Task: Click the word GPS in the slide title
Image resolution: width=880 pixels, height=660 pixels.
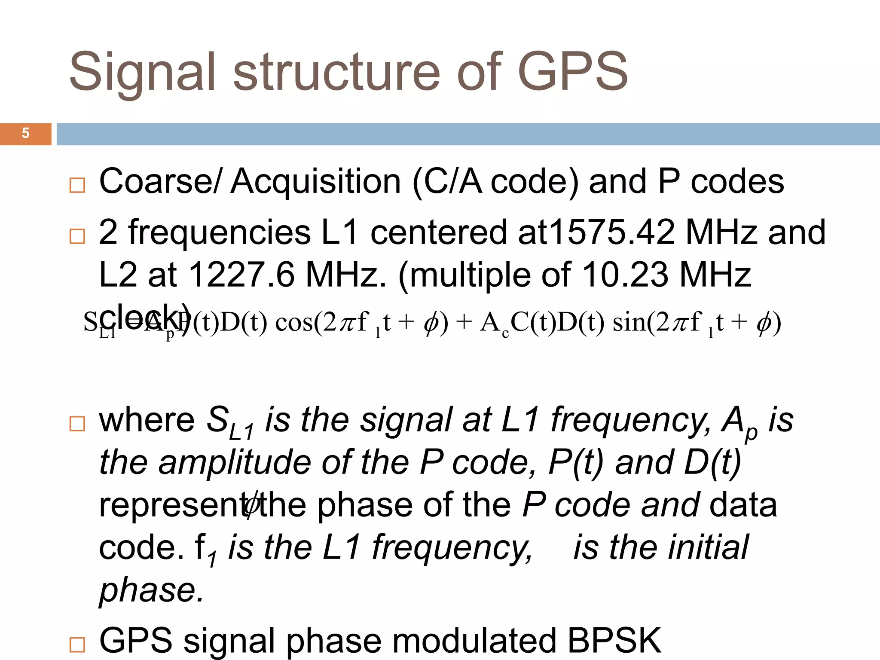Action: (573, 72)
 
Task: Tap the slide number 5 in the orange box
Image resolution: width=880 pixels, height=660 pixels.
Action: (25, 133)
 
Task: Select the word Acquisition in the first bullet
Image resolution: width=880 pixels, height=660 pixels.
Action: (316, 182)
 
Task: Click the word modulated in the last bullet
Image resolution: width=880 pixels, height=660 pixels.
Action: (474, 640)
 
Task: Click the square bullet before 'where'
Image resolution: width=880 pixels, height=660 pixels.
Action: (77, 424)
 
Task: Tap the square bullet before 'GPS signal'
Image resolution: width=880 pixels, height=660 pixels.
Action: (77, 645)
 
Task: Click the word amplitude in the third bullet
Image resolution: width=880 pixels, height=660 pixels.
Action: (235, 462)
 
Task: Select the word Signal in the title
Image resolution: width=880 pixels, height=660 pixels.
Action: (142, 72)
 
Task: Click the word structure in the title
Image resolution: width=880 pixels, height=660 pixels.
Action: (336, 72)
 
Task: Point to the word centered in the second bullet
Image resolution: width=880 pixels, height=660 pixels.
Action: (438, 232)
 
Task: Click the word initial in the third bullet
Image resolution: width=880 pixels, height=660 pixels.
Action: (708, 547)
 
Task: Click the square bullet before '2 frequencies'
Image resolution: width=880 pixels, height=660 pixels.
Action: (77, 236)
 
